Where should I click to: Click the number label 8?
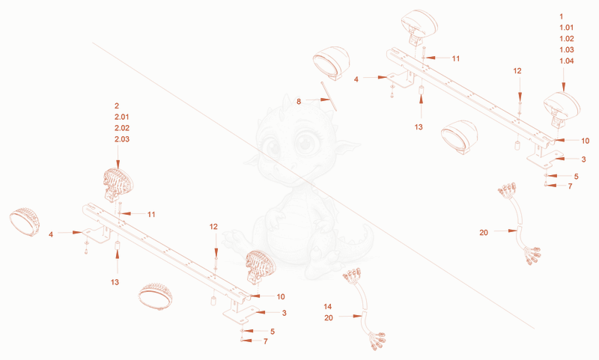coord(299,102)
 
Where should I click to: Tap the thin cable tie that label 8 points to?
coord(329,96)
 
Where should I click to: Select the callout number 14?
coord(328,307)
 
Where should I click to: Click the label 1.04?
coord(567,61)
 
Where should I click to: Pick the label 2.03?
coord(122,139)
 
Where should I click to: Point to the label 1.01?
coord(567,28)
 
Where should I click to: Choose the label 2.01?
coord(122,117)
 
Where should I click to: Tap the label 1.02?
coord(567,39)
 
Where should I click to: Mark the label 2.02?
coord(122,128)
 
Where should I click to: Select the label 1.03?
coord(567,49)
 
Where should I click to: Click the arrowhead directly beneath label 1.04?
coord(564,87)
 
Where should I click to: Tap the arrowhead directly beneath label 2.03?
coord(118,165)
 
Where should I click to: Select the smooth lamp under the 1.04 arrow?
coord(562,108)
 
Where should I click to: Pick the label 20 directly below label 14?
coord(329,318)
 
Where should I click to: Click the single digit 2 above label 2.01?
coord(117,106)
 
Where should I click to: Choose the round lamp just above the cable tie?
coord(331,63)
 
